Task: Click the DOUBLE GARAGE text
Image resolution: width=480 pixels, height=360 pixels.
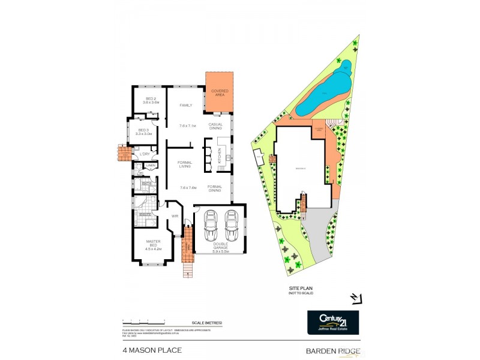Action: click(x=220, y=245)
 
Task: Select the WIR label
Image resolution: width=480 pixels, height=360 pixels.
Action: click(x=175, y=215)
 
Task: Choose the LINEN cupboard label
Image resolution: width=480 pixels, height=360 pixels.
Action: click(x=151, y=166)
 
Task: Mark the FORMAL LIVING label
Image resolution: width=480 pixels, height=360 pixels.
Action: click(x=185, y=164)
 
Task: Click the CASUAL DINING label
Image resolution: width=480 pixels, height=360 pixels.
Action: click(x=216, y=126)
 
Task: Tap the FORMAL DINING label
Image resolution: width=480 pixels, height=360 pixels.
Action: click(x=215, y=188)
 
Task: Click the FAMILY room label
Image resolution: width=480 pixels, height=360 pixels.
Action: click(x=185, y=106)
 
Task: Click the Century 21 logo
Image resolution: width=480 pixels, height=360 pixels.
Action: click(x=333, y=322)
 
